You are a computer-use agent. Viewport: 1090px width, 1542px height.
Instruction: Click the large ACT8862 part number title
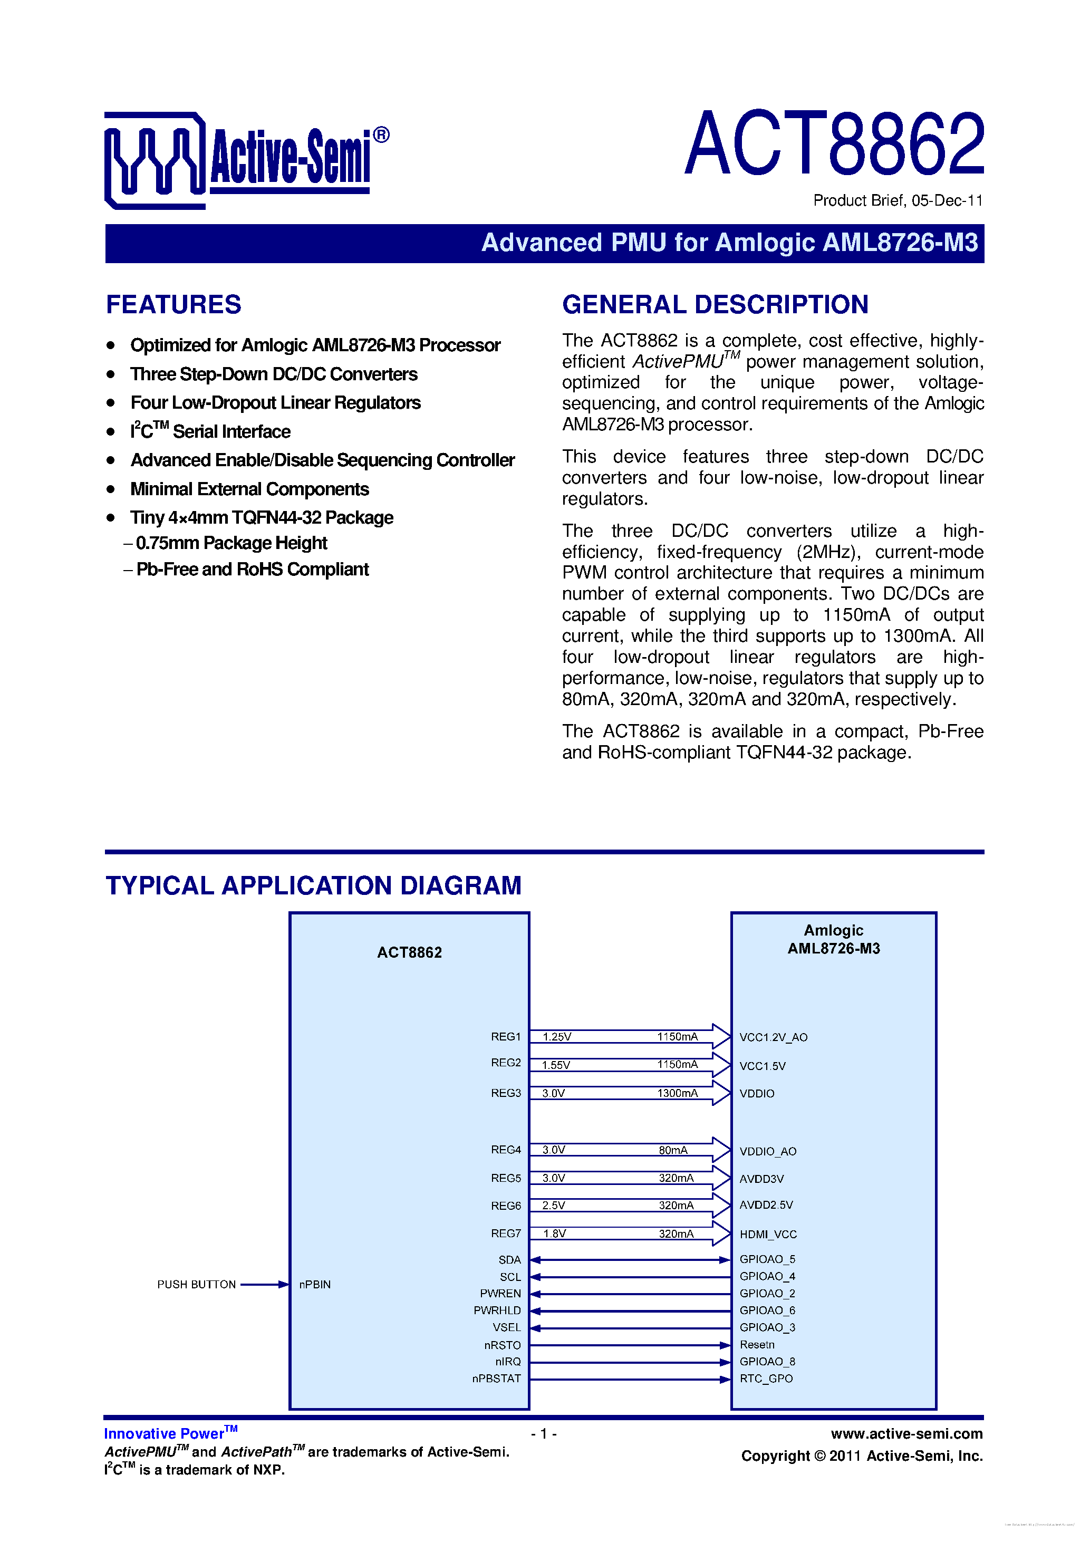tap(835, 144)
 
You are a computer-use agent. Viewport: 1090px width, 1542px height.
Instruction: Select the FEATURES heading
tap(173, 304)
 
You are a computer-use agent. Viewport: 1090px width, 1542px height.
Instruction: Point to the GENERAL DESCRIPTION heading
tap(715, 304)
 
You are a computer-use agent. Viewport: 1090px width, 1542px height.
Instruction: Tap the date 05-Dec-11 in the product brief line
tap(947, 200)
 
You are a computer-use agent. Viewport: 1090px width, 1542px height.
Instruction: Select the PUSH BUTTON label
tap(196, 1284)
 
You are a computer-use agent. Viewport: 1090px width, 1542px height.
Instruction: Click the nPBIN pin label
tap(315, 1284)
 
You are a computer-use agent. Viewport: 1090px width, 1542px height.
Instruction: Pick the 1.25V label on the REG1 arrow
tap(557, 1036)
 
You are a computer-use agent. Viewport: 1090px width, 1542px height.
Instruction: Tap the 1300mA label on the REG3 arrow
tap(677, 1093)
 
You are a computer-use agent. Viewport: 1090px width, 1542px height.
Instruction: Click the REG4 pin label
tap(506, 1149)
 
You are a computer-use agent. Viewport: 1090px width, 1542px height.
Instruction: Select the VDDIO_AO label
tap(768, 1151)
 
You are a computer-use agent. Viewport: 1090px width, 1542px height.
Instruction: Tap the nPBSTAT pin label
tap(496, 1378)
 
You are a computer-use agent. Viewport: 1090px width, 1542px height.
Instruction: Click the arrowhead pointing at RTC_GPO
tap(725, 1379)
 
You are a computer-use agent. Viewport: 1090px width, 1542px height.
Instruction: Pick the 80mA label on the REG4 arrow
tap(673, 1150)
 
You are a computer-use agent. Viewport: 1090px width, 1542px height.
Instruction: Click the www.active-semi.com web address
tap(906, 1434)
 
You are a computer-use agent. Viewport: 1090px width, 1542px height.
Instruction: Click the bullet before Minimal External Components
tap(111, 489)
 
